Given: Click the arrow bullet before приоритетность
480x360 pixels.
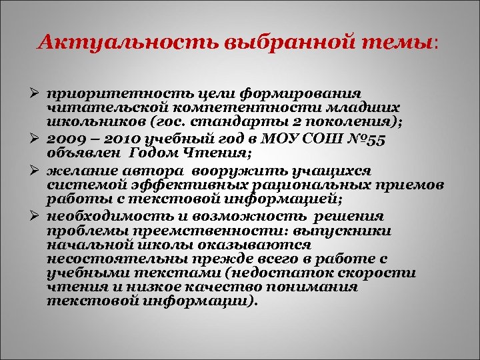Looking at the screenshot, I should pyautogui.click(x=39, y=93).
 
